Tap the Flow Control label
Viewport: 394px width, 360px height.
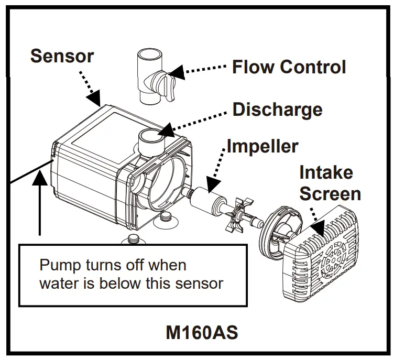289,67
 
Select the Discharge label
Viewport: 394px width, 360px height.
277,110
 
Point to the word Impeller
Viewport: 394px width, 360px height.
262,146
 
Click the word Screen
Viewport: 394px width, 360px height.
329,193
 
